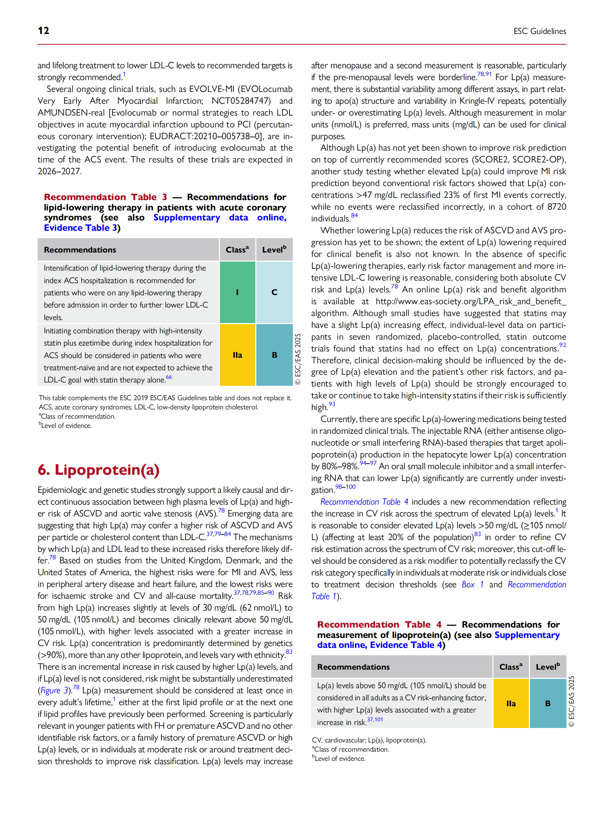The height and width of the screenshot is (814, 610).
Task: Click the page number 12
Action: [x=43, y=30]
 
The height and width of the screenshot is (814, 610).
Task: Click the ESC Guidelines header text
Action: [x=539, y=31]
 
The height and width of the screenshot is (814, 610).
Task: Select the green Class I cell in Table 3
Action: [x=237, y=292]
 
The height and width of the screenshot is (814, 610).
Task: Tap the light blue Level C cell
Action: [x=274, y=292]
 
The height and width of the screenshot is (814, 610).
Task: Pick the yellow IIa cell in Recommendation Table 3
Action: [x=237, y=355]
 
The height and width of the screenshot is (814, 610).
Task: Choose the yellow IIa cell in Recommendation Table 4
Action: [x=510, y=703]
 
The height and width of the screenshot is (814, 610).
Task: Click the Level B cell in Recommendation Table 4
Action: [x=547, y=703]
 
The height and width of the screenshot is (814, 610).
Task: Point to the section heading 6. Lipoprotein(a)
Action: [x=98, y=470]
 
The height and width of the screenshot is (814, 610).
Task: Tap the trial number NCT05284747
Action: [x=241, y=101]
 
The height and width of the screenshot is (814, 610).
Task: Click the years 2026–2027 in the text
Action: [x=59, y=171]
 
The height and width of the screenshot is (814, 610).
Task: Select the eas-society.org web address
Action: [x=471, y=301]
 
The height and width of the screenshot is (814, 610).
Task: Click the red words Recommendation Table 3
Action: [x=105, y=197]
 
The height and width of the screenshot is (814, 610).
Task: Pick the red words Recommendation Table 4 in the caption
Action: [x=379, y=625]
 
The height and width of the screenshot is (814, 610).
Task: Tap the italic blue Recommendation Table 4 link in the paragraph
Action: [x=364, y=502]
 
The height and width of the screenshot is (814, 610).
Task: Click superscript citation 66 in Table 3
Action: [x=169, y=377]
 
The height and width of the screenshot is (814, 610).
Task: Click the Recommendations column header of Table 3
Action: [x=80, y=250]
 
